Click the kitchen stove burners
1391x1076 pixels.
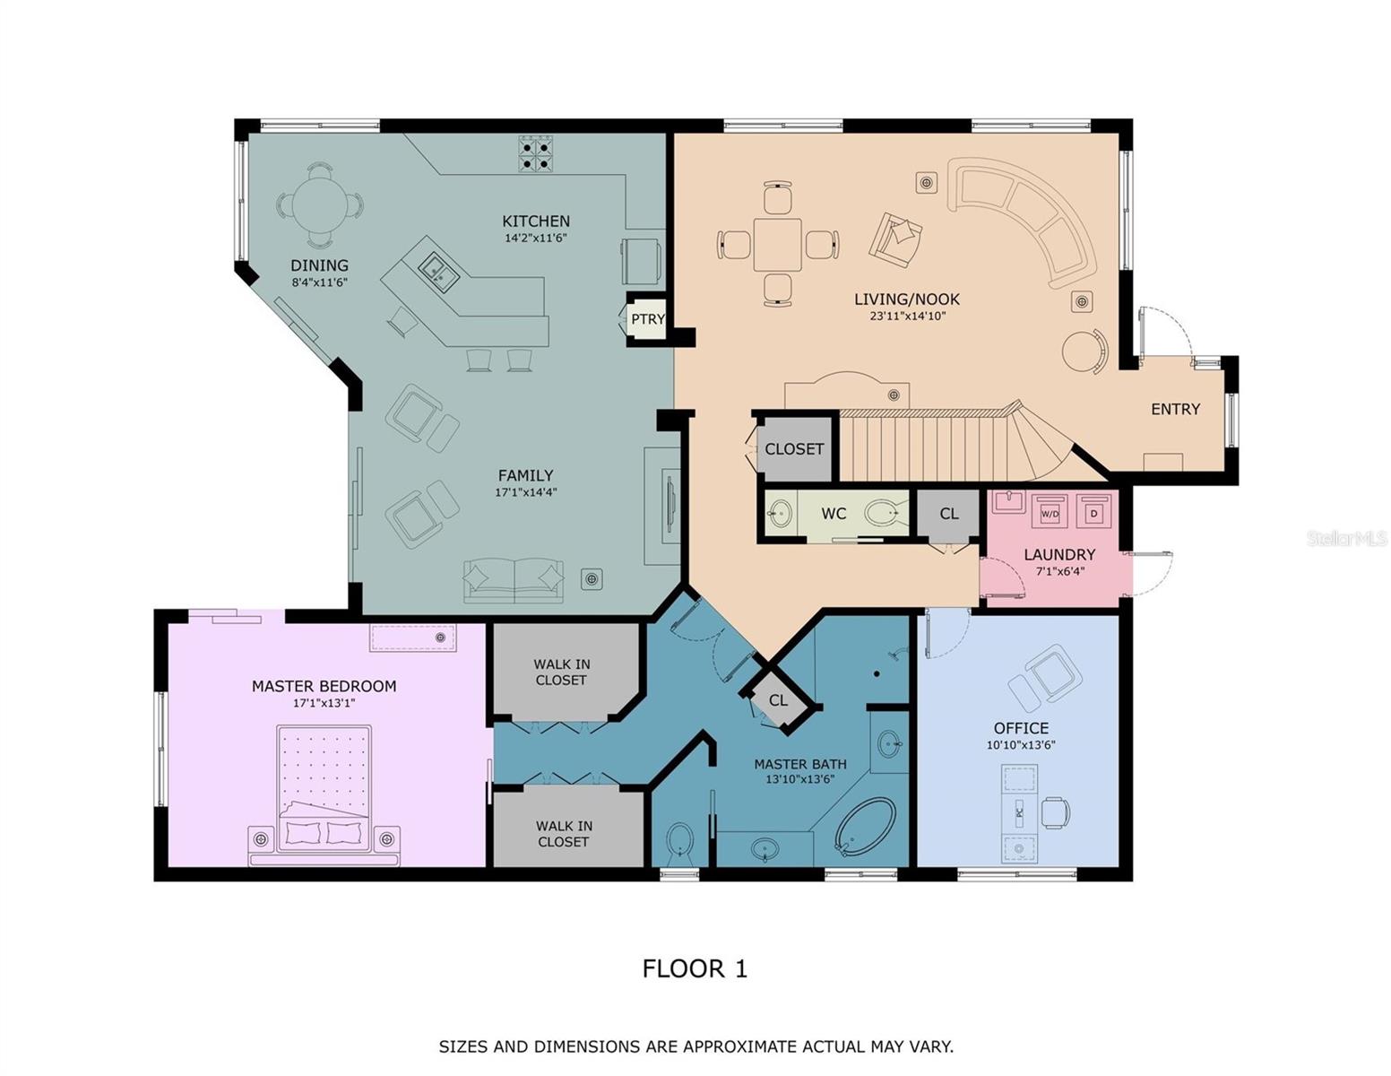tap(536, 153)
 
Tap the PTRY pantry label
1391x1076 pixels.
tap(647, 319)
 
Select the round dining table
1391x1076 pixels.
tap(319, 205)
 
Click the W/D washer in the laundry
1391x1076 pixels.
tap(1050, 511)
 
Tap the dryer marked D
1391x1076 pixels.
tap(1094, 511)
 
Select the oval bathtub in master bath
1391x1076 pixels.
tap(865, 826)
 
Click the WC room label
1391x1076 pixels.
tap(834, 514)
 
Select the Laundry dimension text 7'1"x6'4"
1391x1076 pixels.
tap(1059, 571)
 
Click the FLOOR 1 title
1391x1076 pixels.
tap(695, 968)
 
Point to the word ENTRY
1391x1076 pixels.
tap(1175, 409)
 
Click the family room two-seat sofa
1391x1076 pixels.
tap(514, 580)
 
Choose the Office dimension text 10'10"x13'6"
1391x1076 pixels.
tap(1021, 744)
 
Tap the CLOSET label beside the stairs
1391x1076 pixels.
tap(794, 449)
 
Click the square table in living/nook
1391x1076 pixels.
tap(777, 245)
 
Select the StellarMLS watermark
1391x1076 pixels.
tap(1346, 538)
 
